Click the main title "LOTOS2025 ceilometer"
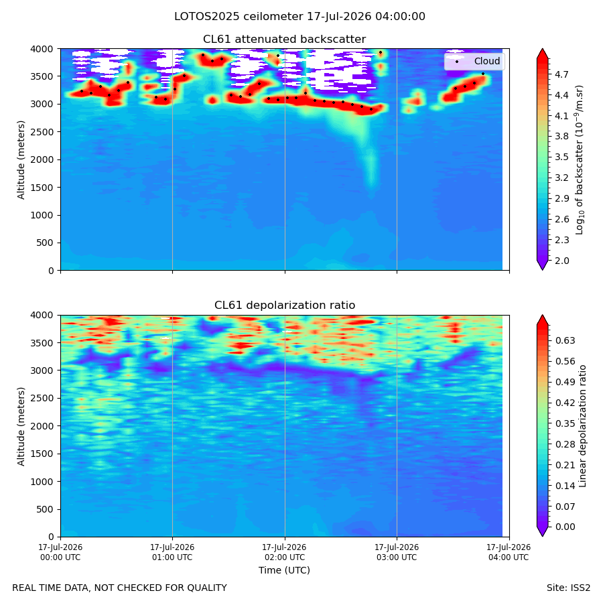tap(239, 17)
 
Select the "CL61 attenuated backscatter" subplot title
tap(284, 40)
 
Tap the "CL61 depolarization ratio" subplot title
tap(285, 306)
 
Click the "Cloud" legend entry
tap(487, 61)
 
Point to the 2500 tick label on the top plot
tap(42, 132)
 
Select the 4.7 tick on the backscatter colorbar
tap(561, 74)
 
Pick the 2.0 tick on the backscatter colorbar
tap(561, 261)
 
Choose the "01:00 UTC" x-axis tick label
tap(172, 557)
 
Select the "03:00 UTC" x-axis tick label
tap(397, 557)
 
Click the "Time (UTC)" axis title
tap(284, 570)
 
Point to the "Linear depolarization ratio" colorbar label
tap(582, 426)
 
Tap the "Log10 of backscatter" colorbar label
tap(579, 159)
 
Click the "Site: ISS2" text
tap(568, 588)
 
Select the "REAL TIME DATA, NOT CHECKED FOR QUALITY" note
tap(120, 588)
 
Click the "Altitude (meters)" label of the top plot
tap(21, 159)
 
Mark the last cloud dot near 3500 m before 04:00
tap(483, 74)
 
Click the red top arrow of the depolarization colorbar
tap(542, 320)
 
